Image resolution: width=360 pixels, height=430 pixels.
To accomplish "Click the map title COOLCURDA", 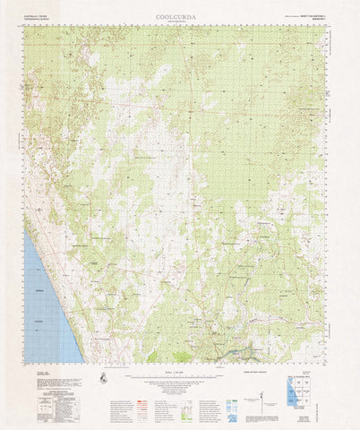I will pos(180,16).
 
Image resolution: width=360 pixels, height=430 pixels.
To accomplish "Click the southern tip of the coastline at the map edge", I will pos(81,362).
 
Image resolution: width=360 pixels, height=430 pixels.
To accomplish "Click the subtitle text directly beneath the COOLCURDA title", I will pos(180,23).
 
